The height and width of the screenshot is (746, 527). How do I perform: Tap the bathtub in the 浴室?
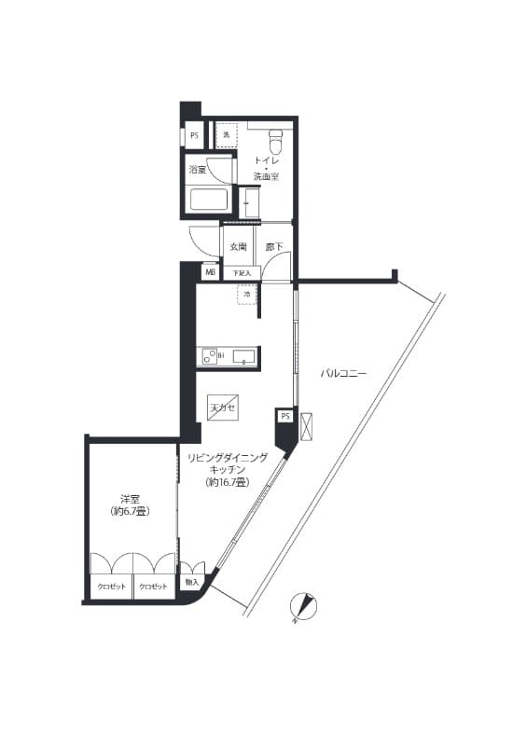point(209,200)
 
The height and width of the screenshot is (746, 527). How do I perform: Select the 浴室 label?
point(197,170)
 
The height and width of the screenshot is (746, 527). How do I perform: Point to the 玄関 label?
point(237,247)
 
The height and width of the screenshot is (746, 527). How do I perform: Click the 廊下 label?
point(273,247)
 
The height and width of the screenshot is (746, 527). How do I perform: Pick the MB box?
point(210,273)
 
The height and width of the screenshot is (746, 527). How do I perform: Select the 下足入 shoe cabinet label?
point(241,273)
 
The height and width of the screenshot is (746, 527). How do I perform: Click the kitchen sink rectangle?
point(243,355)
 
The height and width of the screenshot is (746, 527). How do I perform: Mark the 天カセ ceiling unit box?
point(223,408)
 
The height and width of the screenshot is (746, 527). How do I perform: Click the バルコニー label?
point(344,373)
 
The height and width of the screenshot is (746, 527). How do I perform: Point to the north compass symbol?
point(304,607)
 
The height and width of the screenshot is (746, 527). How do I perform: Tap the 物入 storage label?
point(192,583)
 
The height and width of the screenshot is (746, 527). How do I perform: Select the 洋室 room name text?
point(130,499)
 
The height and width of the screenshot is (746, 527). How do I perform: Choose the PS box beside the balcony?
point(284,416)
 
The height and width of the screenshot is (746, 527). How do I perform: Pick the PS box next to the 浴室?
point(194,136)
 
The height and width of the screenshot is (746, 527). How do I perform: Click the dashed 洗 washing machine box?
point(227,136)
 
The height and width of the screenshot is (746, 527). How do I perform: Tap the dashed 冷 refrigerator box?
point(247,295)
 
